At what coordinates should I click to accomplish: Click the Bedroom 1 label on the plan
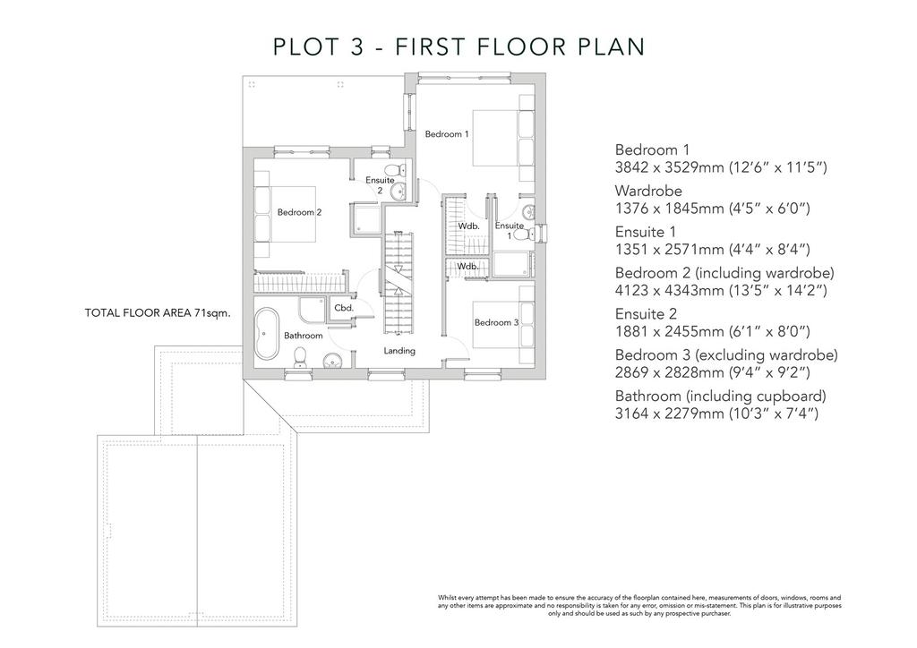click(x=447, y=134)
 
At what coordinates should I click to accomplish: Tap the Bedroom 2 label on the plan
click(x=299, y=212)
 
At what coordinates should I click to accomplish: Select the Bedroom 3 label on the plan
click(x=496, y=322)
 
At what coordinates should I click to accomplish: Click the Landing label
click(x=399, y=351)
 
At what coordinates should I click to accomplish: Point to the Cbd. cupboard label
click(x=344, y=308)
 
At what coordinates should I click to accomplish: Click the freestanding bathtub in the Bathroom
click(x=268, y=334)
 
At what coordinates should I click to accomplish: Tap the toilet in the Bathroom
click(x=300, y=357)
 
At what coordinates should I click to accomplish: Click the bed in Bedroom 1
click(x=503, y=138)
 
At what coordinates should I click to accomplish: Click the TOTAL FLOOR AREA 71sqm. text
click(x=158, y=312)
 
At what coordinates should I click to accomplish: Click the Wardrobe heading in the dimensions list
click(x=648, y=191)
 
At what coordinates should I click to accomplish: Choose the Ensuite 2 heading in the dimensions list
click(x=646, y=314)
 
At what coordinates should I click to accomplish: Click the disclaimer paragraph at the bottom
click(x=639, y=606)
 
